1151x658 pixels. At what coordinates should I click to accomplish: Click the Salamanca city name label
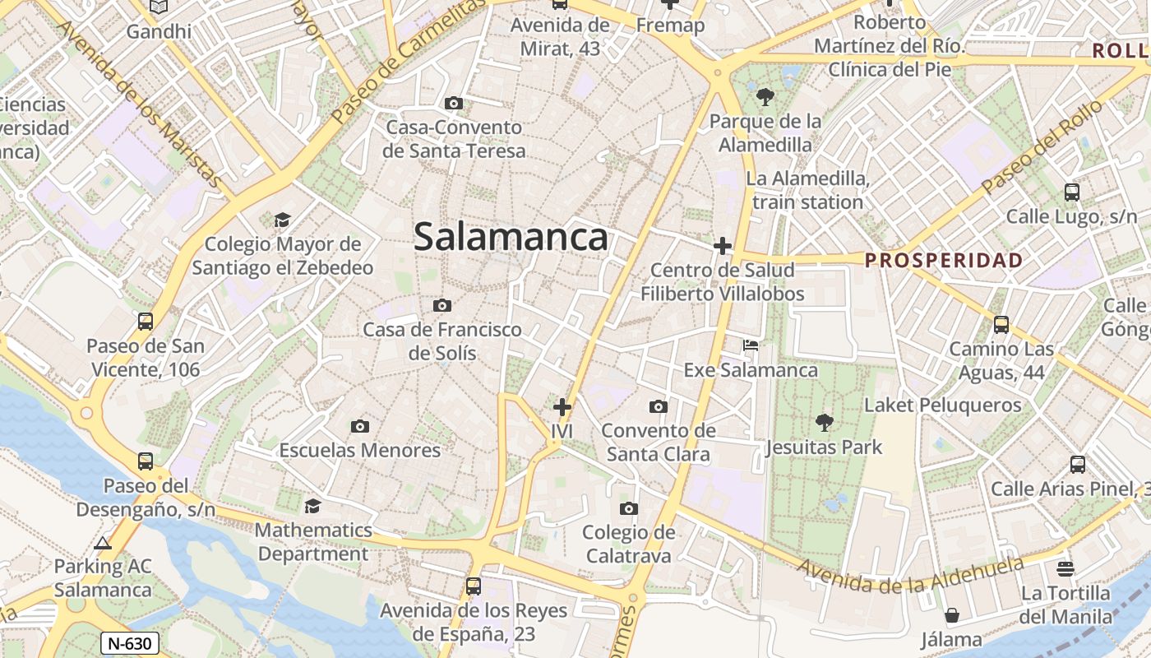tap(511, 238)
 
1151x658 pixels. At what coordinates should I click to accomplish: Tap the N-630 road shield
tap(129, 643)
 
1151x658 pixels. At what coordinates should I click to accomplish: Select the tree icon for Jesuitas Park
tap(824, 424)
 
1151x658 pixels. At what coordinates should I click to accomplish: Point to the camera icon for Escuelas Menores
tap(359, 426)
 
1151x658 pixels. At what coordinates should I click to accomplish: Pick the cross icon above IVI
tap(562, 407)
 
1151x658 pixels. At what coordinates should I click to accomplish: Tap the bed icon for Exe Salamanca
tap(751, 345)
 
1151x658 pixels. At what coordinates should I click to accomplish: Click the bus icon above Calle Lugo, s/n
tap(1072, 192)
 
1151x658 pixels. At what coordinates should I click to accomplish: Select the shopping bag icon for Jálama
tap(951, 615)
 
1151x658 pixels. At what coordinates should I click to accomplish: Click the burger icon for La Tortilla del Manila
tap(1065, 568)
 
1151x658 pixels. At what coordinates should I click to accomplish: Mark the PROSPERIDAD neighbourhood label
tap(944, 261)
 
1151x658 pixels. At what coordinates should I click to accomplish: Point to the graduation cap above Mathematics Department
tap(312, 506)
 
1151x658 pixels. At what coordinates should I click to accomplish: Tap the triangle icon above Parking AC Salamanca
tap(103, 543)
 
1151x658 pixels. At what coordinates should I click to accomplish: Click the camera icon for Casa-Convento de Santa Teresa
tap(453, 103)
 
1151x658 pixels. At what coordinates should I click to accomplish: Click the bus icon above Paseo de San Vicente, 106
tap(146, 322)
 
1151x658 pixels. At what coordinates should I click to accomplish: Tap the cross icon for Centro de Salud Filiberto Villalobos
tap(723, 246)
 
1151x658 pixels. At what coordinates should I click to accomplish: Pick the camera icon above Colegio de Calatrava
tap(629, 508)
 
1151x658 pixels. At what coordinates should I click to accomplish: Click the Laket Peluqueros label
tap(942, 405)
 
